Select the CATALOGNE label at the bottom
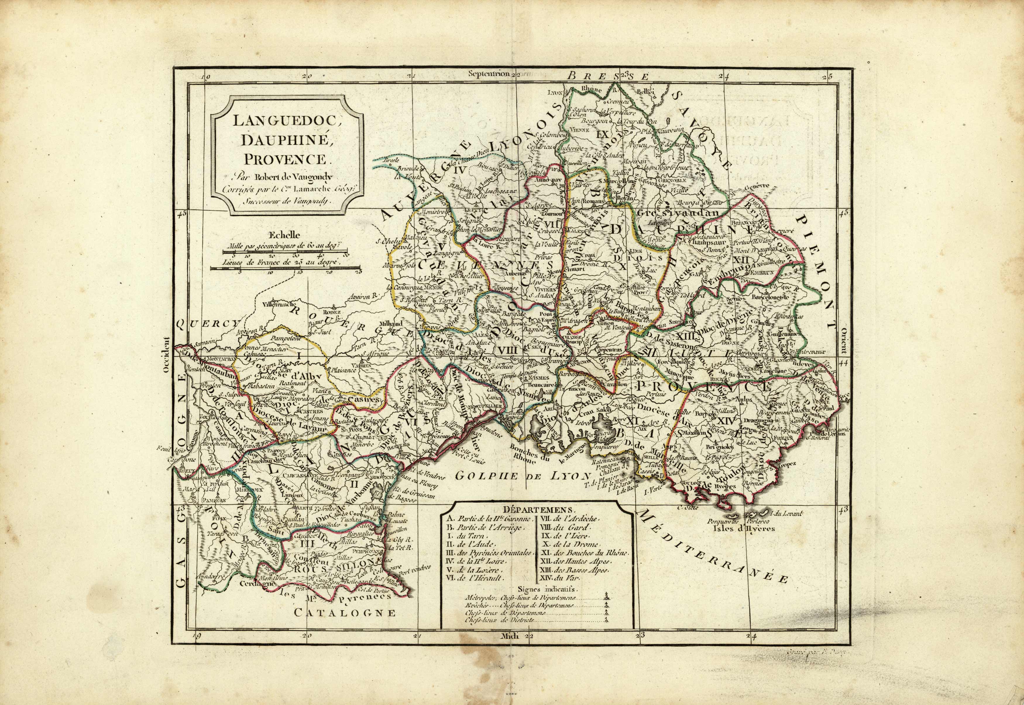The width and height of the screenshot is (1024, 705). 344,613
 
